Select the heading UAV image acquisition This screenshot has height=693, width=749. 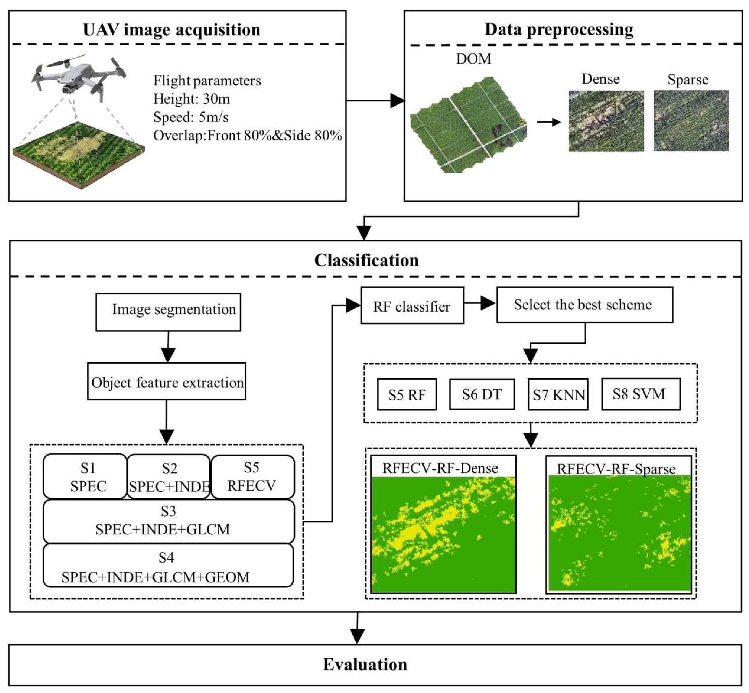pyautogui.click(x=172, y=30)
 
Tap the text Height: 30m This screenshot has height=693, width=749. pyautogui.click(x=191, y=99)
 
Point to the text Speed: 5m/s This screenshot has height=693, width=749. pyautogui.click(x=191, y=117)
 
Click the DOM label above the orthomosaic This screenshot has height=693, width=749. pyautogui.click(x=473, y=59)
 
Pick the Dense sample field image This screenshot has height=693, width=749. pyautogui.click(x=606, y=121)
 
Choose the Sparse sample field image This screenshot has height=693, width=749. pyautogui.click(x=691, y=121)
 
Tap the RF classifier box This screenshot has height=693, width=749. pyautogui.click(x=412, y=306)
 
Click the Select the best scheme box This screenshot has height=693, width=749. pyautogui.click(x=584, y=305)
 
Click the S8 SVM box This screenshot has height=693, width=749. pyautogui.click(x=640, y=394)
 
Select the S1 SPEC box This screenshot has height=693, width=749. pyautogui.click(x=85, y=477)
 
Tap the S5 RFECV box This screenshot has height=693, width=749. pyautogui.click(x=252, y=477)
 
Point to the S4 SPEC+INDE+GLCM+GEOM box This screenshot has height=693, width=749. pyautogui.click(x=168, y=565)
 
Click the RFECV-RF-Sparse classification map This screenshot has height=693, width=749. pyautogui.click(x=619, y=533)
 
